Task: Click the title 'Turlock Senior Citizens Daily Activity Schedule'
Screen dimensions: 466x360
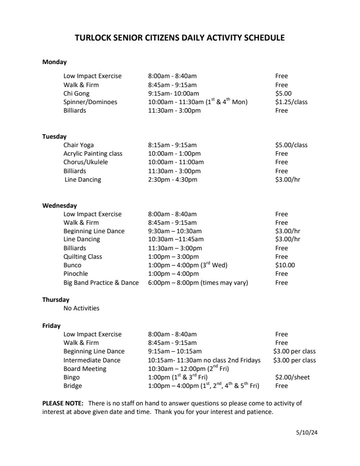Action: coord(180,38)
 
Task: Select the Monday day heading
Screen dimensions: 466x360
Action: coord(54,62)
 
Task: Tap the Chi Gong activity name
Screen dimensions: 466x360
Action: coord(76,94)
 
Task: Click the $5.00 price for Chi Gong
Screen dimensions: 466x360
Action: coord(283,94)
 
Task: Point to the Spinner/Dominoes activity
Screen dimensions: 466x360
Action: coord(90,102)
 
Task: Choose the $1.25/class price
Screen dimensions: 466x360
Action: coord(291,102)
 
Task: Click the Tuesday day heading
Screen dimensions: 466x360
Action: coord(54,137)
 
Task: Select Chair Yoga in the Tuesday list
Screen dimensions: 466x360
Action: coord(78,145)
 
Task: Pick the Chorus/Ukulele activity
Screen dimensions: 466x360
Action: coord(85,162)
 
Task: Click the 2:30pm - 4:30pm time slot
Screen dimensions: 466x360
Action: coord(172,180)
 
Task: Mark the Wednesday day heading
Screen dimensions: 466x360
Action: coord(59,205)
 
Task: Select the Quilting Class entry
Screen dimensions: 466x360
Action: coord(82,257)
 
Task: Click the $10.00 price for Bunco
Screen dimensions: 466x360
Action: coord(285,265)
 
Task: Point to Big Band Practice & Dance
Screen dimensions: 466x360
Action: coord(101,283)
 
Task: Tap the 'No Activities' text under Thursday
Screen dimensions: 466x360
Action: coord(81,308)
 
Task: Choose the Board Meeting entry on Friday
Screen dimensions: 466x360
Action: coord(85,369)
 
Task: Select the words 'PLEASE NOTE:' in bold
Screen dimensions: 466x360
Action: coord(62,403)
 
